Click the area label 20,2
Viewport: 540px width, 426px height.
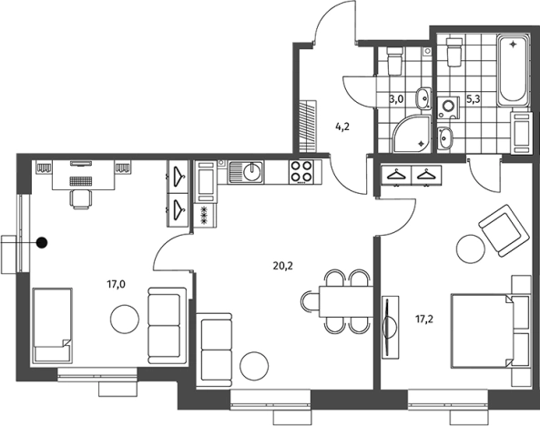pos(282,266)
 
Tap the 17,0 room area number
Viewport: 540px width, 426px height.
pos(116,284)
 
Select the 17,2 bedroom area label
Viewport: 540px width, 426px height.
pos(424,319)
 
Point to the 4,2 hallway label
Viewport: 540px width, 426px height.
pos(342,127)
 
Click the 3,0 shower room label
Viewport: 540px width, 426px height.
pos(396,99)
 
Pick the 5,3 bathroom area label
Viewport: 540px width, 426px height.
pos(474,99)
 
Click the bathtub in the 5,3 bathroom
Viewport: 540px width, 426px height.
pos(513,70)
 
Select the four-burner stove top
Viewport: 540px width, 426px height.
pos(301,171)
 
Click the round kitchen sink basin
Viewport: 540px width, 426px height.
pos(252,171)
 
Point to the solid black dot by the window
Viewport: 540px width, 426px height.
pos(42,243)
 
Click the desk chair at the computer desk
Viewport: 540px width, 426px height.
pos(81,199)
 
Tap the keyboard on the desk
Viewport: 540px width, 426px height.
pos(81,181)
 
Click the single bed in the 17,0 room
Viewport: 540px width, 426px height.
pos(52,326)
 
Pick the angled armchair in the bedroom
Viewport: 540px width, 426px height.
pos(504,230)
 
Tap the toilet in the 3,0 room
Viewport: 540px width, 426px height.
pos(394,61)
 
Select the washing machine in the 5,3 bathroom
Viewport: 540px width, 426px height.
pos(448,107)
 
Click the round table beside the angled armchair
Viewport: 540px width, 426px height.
pos(471,249)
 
